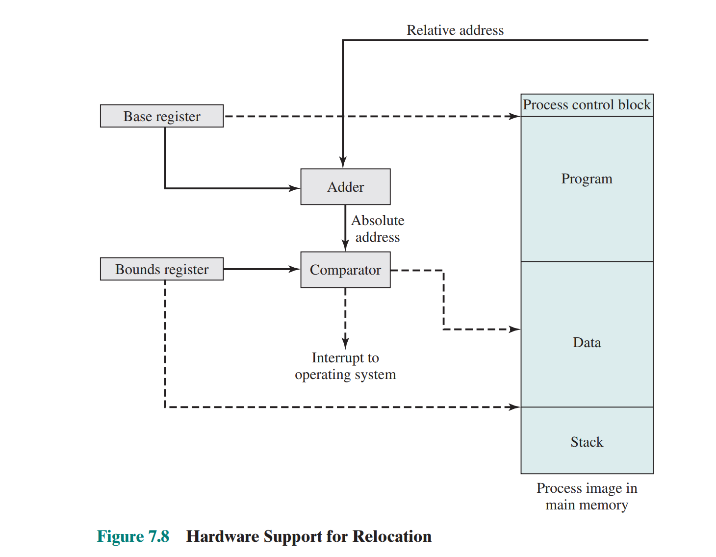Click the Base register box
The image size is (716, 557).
pos(162,116)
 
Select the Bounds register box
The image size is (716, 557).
pos(162,269)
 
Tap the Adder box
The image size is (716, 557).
pos(345,187)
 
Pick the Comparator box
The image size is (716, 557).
pos(345,270)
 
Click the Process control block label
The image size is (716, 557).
pos(587,105)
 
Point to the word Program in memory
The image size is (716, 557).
pos(587,178)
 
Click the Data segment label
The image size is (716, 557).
pos(587,342)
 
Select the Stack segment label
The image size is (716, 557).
pos(587,442)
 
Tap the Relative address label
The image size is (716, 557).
pos(455,30)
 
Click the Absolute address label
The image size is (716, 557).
pos(378,228)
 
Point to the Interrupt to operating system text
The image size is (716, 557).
pos(345,366)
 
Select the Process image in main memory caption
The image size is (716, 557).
pos(587,496)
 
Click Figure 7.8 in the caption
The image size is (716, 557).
pos(133,536)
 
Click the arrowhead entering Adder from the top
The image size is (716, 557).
pos(343,163)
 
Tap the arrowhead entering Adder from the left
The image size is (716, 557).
pos(295,188)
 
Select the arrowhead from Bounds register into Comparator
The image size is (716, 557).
pos(295,269)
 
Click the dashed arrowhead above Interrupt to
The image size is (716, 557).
pos(345,343)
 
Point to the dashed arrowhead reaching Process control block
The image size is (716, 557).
pos(514,116)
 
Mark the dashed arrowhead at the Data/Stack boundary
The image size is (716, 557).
pos(514,407)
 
